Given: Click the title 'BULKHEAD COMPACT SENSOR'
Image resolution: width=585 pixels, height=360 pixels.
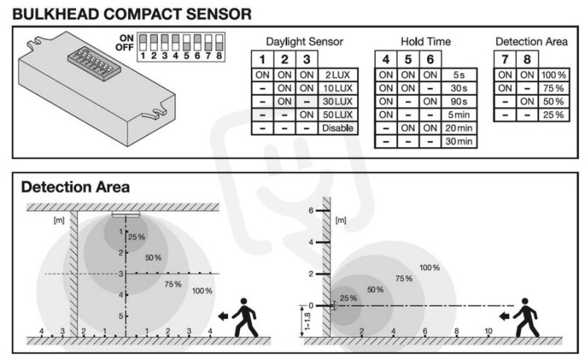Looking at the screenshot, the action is (132, 14).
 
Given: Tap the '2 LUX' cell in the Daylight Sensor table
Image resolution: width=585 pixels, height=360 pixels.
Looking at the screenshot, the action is (338, 75).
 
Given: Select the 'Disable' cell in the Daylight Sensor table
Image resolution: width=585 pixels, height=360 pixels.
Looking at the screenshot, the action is (338, 128).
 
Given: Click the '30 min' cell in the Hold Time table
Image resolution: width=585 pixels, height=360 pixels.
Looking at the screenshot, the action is (459, 141).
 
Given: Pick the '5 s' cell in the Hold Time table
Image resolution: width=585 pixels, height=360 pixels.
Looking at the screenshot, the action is (459, 75).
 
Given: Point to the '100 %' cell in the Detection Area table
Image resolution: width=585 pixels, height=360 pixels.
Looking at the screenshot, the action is (554, 75).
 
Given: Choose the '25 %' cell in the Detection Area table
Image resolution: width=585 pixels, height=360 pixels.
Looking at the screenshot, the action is (554, 115).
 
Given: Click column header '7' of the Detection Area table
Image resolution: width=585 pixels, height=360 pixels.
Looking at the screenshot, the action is (505, 59).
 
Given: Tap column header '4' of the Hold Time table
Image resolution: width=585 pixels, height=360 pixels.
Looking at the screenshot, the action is (386, 59).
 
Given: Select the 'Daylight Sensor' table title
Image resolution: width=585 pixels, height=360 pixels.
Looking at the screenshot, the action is (304, 42).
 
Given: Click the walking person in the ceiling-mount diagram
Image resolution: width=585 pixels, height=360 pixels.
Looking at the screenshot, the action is (245, 318).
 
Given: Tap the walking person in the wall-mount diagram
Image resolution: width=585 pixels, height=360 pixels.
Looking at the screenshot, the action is (526, 318).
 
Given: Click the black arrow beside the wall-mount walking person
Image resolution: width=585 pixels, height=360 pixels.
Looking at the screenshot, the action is (505, 317).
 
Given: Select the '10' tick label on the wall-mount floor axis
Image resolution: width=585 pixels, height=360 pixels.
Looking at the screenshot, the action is (488, 331).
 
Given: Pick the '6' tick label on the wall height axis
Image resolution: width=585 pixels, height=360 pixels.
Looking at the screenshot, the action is (311, 211).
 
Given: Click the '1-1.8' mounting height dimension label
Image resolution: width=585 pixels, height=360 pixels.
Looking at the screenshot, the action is (307, 321).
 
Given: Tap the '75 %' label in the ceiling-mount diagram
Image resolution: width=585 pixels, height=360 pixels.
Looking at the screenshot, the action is (173, 284).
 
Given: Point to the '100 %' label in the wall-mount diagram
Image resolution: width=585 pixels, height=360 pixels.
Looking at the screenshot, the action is (429, 267).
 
